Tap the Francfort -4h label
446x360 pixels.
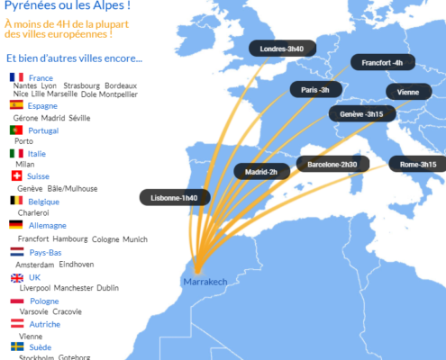[x=382, y=63]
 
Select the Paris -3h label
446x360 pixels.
[x=315, y=90]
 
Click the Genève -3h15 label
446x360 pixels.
[x=362, y=114]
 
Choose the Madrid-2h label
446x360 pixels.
[x=260, y=171]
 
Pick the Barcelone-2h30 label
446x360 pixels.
[x=332, y=165]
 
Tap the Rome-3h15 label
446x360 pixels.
[x=417, y=165]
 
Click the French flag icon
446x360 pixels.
[x=16, y=78]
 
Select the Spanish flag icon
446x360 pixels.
[x=16, y=105]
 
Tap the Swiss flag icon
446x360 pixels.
[x=16, y=176]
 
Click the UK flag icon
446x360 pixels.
[x=16, y=277]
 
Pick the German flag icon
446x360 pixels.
[x=16, y=225]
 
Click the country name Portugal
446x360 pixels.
[x=43, y=130]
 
